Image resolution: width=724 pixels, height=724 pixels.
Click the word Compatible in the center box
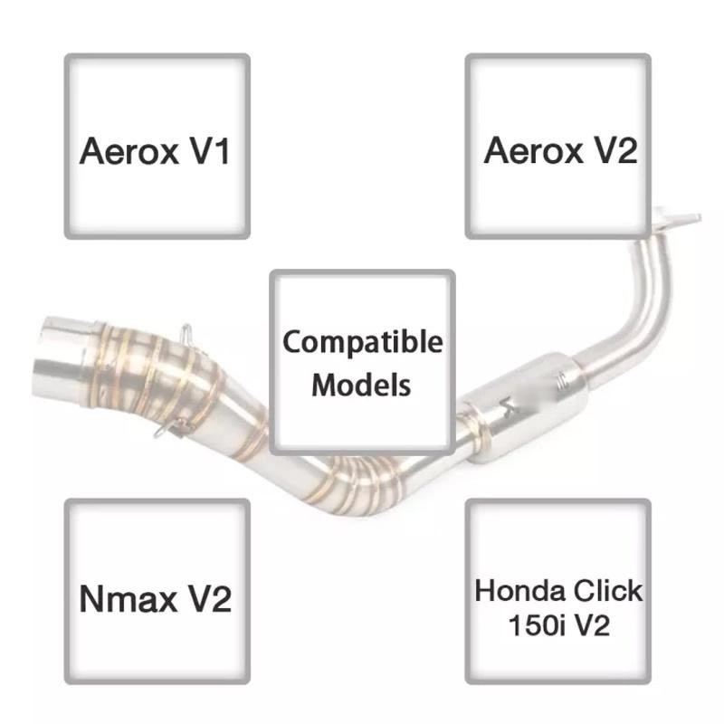(x=362, y=344)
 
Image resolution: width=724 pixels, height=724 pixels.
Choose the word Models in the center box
(x=362, y=385)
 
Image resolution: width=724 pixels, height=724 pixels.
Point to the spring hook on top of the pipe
(x=186, y=334)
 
